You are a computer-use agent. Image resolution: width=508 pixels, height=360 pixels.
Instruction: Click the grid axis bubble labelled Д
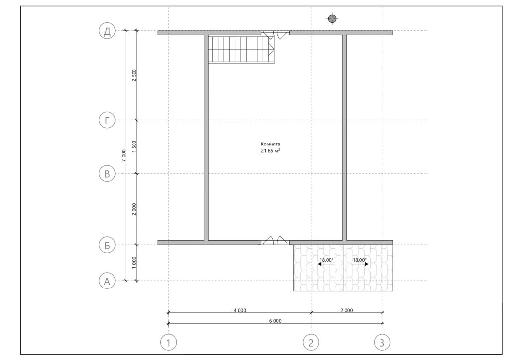(107, 31)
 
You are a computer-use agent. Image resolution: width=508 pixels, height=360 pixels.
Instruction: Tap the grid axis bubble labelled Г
(107, 120)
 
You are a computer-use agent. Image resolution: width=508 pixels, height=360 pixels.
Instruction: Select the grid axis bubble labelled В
(107, 174)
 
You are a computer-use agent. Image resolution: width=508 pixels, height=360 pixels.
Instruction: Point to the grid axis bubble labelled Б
(107, 245)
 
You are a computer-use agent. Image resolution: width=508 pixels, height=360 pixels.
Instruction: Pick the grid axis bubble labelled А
(107, 281)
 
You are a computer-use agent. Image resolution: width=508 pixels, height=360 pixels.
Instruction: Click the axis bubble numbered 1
(169, 342)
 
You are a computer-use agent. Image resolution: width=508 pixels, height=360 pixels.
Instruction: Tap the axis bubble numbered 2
(311, 342)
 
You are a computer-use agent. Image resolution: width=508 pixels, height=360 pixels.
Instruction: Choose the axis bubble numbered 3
(382, 342)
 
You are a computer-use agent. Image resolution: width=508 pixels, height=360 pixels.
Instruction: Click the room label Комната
(270, 144)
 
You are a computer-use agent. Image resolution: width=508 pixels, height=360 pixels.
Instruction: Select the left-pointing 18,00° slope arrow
(326, 264)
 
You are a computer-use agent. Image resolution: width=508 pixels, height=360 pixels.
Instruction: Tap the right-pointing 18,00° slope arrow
(360, 264)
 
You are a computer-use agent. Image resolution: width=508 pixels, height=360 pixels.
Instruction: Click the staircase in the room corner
(242, 49)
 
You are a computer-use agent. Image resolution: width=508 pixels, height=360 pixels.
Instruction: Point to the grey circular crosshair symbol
(332, 19)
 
